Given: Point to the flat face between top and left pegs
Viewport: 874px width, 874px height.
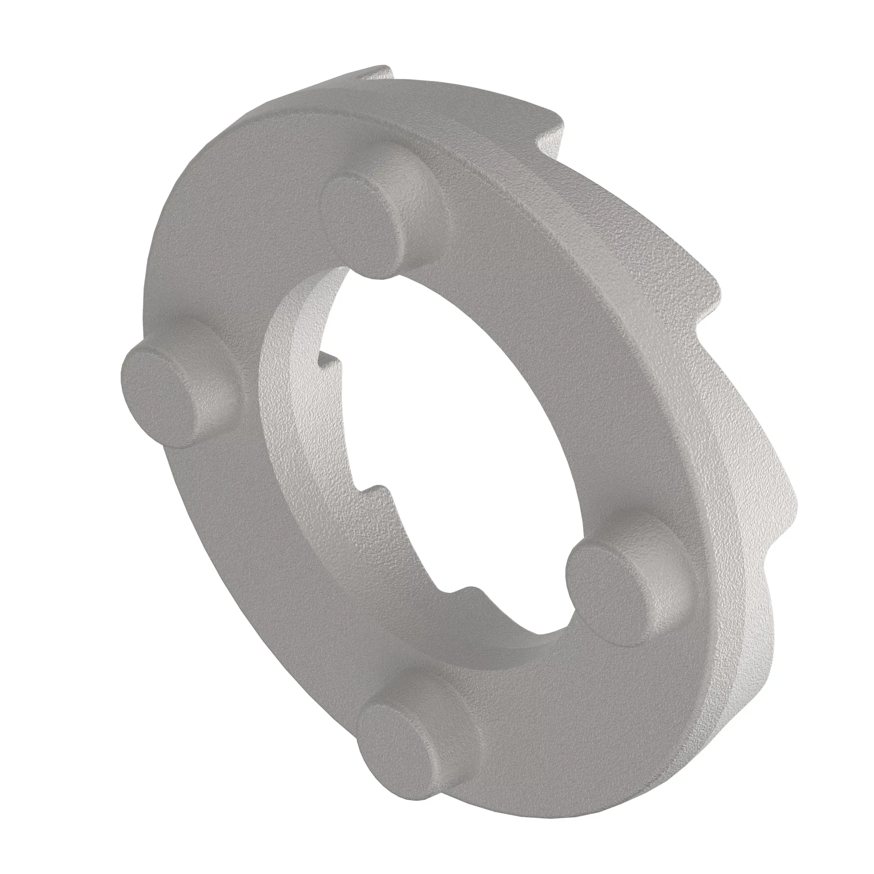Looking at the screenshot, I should pyautogui.click(x=235, y=253).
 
